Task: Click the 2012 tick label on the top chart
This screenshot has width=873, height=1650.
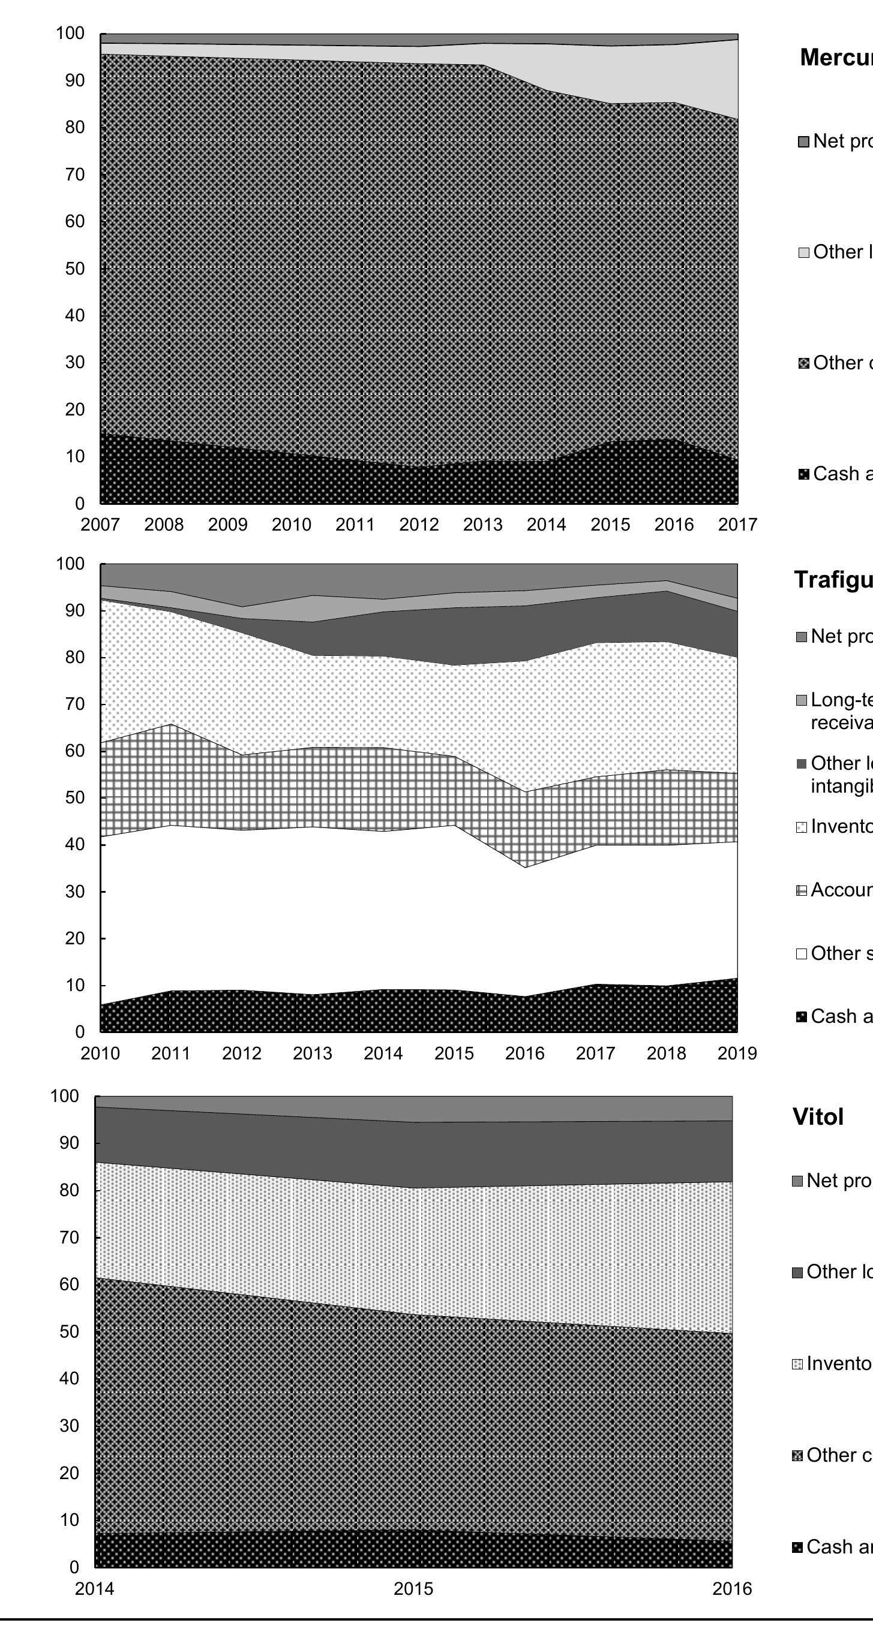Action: pyautogui.click(x=419, y=525)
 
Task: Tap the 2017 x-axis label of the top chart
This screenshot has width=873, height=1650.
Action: pyautogui.click(x=737, y=525)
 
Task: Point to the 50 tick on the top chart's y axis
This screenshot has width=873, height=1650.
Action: pyautogui.click(x=75, y=269)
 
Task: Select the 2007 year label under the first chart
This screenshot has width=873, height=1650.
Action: pyautogui.click(x=100, y=525)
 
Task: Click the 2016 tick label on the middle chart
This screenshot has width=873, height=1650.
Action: pyautogui.click(x=524, y=1053)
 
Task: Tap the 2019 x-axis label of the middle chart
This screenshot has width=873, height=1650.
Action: pyautogui.click(x=737, y=1053)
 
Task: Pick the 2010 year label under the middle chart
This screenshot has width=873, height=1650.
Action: pyautogui.click(x=100, y=1053)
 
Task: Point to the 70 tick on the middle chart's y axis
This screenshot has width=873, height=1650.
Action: pyautogui.click(x=75, y=704)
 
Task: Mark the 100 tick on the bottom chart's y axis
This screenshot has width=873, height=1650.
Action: pyautogui.click(x=65, y=1096)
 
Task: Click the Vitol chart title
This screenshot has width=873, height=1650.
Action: pyautogui.click(x=818, y=1117)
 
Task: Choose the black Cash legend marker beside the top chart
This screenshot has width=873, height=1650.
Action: pyautogui.click(x=804, y=475)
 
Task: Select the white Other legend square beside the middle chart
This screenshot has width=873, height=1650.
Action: pyautogui.click(x=801, y=955)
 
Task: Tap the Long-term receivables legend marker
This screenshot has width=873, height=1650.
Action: pyautogui.click(x=801, y=701)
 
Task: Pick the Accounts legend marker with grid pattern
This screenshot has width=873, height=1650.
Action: pyautogui.click(x=801, y=891)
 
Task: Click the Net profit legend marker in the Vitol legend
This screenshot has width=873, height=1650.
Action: pyautogui.click(x=797, y=1181)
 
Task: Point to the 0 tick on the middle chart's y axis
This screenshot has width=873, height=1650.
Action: pyautogui.click(x=79, y=1032)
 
